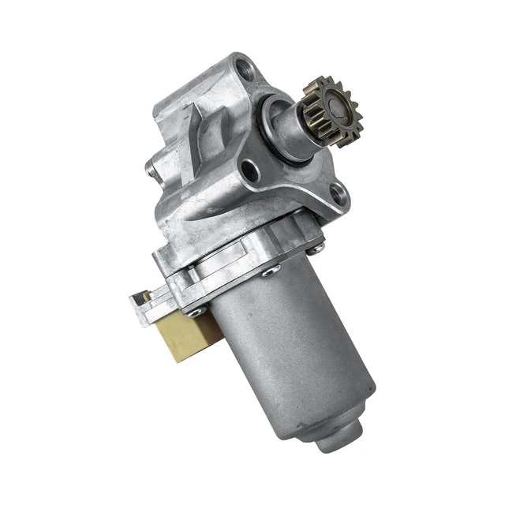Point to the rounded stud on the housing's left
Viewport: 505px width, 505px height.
pos(149,166)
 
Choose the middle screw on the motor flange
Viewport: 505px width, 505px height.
pos(271,271)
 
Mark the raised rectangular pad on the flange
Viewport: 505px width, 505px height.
pos(207,268)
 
